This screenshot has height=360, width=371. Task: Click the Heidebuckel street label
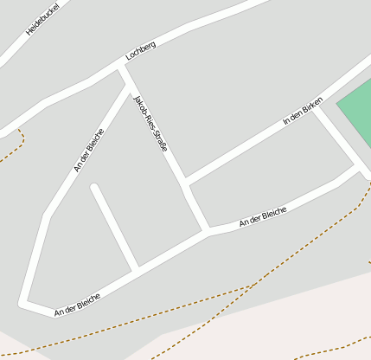40,19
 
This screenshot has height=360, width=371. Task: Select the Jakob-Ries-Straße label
150,125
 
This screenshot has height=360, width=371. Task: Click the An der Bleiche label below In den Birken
263,216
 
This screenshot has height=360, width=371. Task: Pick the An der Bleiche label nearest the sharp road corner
77,304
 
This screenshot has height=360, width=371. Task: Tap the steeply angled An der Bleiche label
89,151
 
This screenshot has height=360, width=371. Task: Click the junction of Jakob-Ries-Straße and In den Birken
185,183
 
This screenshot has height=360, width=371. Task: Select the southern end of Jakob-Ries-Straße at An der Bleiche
207,232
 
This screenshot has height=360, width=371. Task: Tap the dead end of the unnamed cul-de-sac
93,187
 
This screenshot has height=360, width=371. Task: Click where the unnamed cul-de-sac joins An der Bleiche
135,270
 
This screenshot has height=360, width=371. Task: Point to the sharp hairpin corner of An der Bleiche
23,303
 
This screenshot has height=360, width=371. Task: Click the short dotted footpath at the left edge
12,151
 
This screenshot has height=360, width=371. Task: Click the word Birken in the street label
312,106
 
